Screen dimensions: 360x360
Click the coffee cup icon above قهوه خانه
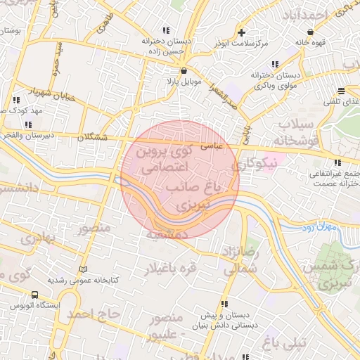click(x=310, y=32)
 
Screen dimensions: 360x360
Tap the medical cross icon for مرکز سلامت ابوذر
click(x=242, y=32)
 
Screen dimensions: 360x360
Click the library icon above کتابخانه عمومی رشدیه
click(x=84, y=269)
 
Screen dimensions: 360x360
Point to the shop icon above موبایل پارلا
click(x=184, y=70)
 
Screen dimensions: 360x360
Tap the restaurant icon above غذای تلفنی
click(x=341, y=91)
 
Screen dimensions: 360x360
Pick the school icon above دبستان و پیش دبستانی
click(x=224, y=304)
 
